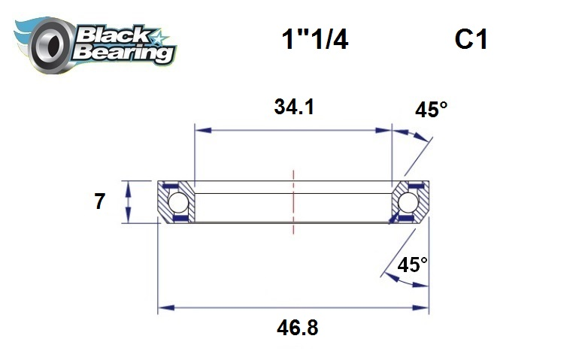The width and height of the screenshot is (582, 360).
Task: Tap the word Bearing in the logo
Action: [x=123, y=52]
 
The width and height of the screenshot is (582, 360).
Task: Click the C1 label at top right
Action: [x=471, y=40]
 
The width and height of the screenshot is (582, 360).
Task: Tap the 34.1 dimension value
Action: [x=293, y=107]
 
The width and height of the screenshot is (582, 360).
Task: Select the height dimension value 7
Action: [x=99, y=202]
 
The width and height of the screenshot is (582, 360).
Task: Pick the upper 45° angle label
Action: [x=431, y=110]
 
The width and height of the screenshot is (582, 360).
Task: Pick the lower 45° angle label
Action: [x=412, y=265]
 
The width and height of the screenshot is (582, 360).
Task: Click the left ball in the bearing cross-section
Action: [x=177, y=202]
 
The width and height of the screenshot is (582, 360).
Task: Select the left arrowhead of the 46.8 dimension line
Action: [x=162, y=307]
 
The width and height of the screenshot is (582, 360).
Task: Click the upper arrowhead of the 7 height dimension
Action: [x=129, y=185]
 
